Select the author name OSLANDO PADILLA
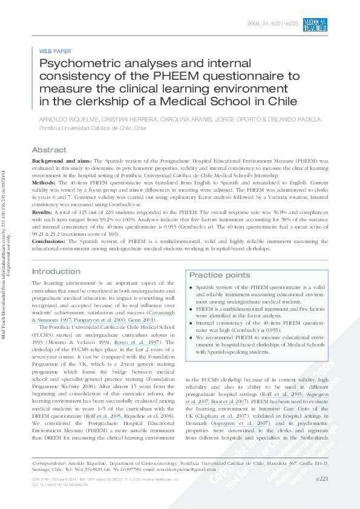click(283, 120)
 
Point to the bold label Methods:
click(45, 183)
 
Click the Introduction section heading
click(56, 271)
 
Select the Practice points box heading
click(219, 275)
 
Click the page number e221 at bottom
click(322, 495)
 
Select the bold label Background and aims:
click(61, 161)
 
